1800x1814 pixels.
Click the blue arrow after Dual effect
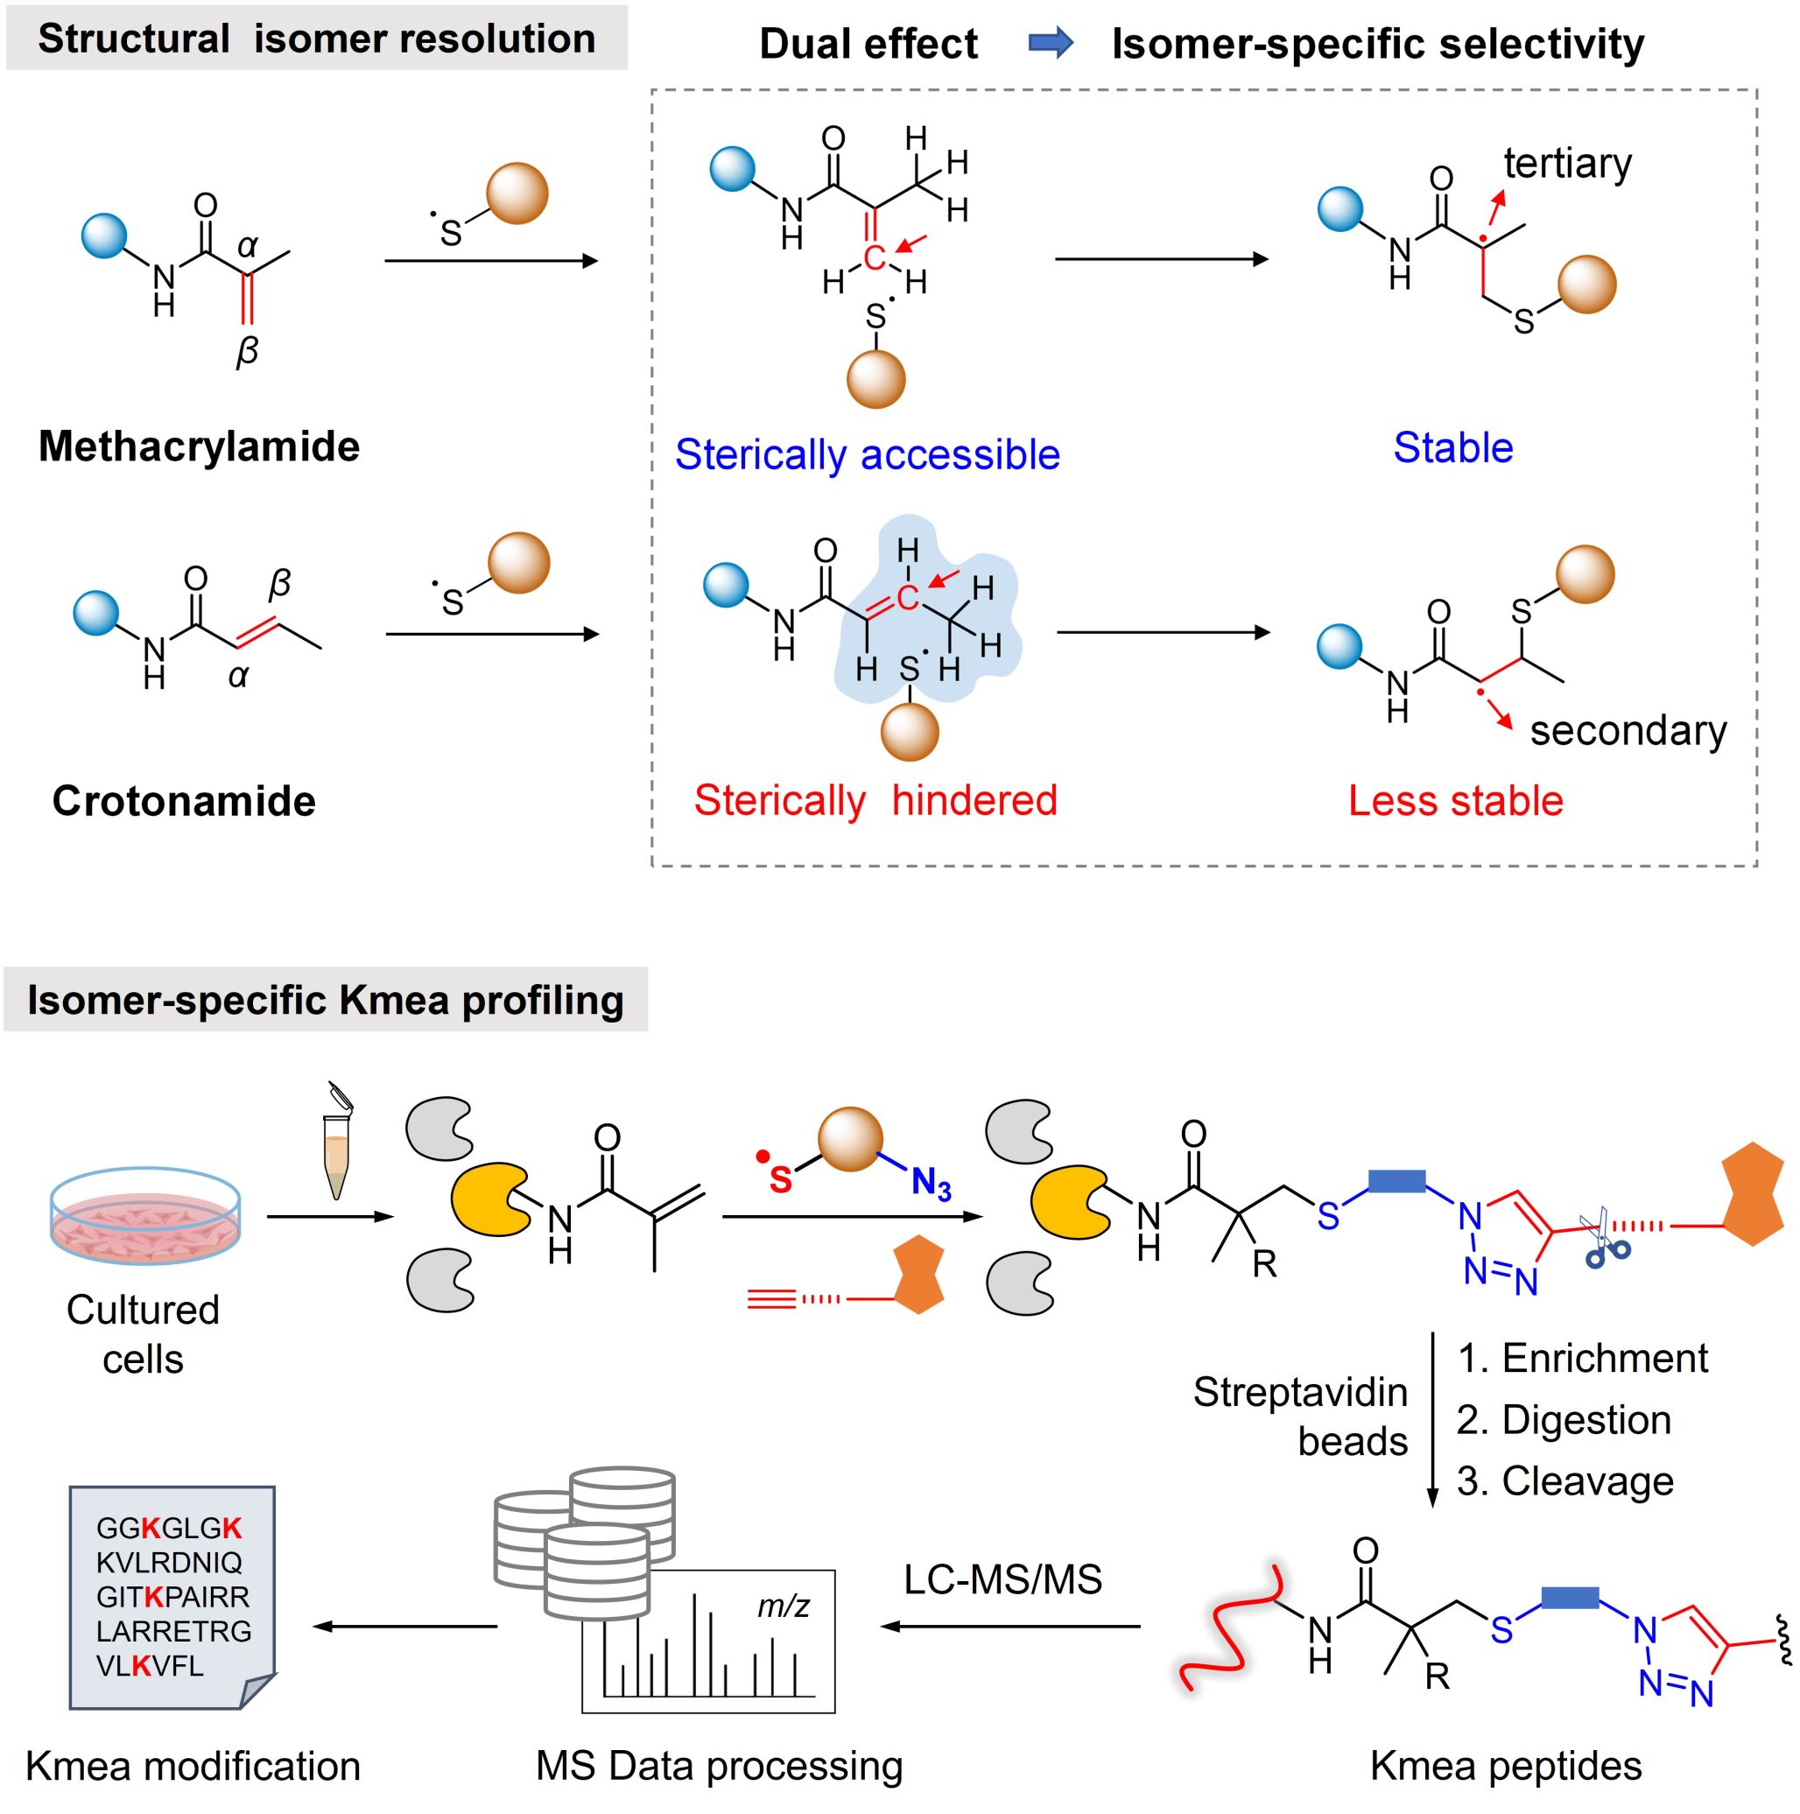1051,42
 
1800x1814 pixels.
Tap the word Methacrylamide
199,446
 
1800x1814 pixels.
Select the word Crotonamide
184,801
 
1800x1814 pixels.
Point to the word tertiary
1567,164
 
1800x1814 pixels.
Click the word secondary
1628,730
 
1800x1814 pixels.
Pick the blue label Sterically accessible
867,454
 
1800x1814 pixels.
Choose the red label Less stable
1455,801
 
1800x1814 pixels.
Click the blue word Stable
1452,448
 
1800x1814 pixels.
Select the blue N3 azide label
931,1184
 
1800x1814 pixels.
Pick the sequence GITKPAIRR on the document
172,1596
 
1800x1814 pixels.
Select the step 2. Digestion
1564,1420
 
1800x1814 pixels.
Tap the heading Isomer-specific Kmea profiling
325,1001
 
